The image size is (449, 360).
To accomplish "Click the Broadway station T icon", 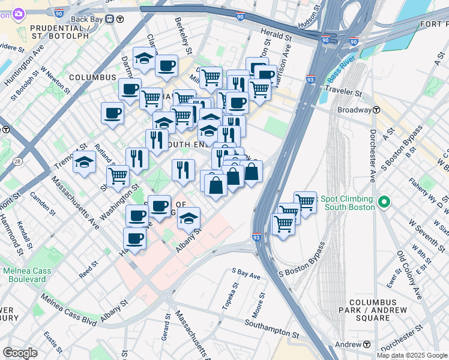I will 376,110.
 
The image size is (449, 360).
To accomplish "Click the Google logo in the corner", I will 20,353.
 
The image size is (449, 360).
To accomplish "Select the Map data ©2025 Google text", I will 411,355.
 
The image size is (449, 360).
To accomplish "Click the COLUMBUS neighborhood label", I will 92,77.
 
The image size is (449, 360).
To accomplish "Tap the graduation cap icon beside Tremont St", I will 84,161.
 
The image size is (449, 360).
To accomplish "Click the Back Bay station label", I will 87,18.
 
